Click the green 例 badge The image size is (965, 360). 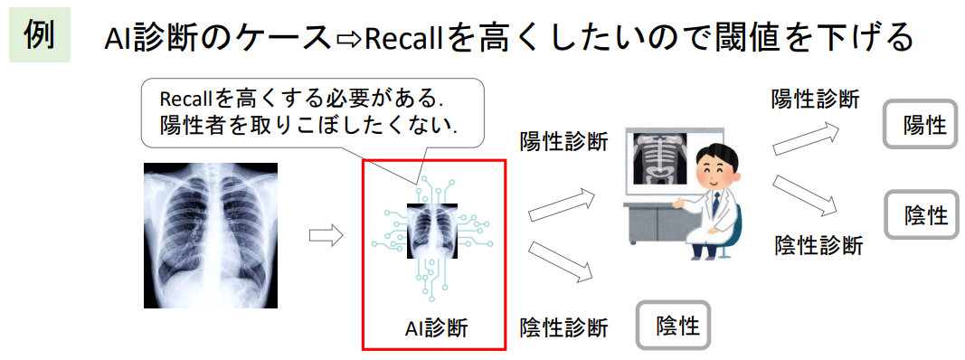(x=40, y=36)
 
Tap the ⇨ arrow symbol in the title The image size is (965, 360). (x=349, y=39)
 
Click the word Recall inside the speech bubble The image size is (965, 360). (x=185, y=98)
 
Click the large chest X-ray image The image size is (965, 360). (x=211, y=235)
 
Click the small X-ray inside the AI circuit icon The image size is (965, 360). (x=433, y=230)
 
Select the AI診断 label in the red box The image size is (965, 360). (x=435, y=327)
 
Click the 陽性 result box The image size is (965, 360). (x=920, y=124)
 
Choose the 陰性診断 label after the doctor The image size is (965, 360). (x=819, y=244)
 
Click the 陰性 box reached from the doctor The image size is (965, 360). (x=920, y=214)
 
